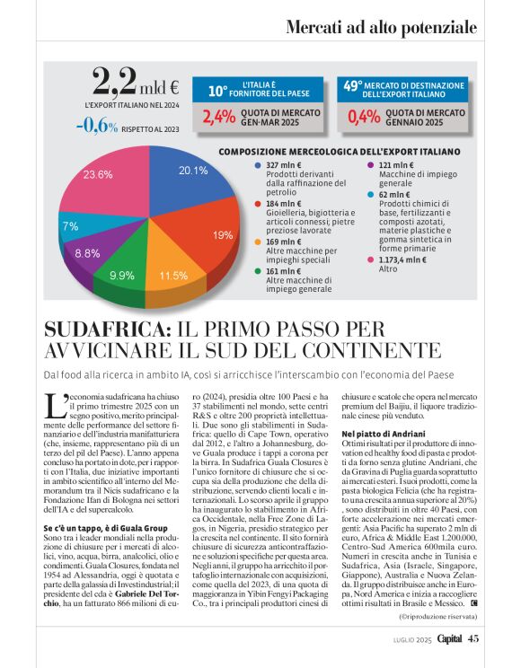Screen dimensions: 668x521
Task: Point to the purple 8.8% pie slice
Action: coord(90,251)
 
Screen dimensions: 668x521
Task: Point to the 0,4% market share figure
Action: coord(363,118)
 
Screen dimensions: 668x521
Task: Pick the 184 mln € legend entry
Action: coord(285,204)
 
